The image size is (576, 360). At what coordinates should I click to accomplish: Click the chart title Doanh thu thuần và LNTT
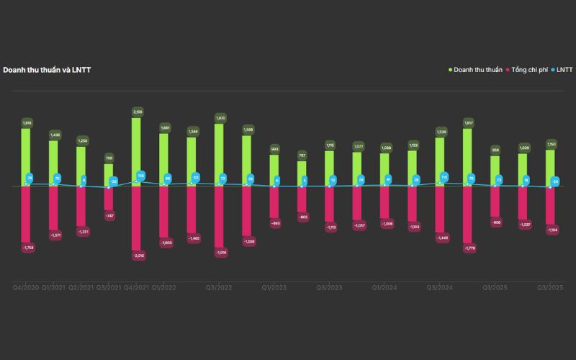click(x=47, y=70)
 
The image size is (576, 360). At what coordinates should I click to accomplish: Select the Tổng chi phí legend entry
click(x=529, y=70)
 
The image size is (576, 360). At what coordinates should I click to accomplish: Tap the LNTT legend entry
click(x=564, y=70)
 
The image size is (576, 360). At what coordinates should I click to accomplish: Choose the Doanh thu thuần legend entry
click(x=477, y=70)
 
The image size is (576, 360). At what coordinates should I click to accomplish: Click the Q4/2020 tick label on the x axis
click(x=26, y=287)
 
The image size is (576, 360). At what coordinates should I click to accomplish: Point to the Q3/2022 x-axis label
click(x=219, y=287)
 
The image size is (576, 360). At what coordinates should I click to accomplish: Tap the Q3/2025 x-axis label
click(x=550, y=287)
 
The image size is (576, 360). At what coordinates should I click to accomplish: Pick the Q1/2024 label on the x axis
click(x=385, y=287)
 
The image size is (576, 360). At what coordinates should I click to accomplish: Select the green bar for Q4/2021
click(x=136, y=151)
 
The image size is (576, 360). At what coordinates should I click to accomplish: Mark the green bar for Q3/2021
click(x=109, y=174)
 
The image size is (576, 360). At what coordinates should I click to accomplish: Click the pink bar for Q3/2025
click(x=551, y=204)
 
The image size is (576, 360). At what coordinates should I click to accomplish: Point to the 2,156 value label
click(x=137, y=112)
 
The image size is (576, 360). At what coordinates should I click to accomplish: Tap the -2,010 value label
click(x=137, y=255)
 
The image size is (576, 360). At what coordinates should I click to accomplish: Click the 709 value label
click(x=109, y=158)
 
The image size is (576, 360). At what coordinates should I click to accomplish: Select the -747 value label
click(x=109, y=216)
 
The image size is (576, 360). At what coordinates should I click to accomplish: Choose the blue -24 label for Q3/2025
click(x=555, y=181)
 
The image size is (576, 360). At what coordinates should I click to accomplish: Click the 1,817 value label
click(x=468, y=123)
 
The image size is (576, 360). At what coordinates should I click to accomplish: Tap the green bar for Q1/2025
click(x=495, y=171)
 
